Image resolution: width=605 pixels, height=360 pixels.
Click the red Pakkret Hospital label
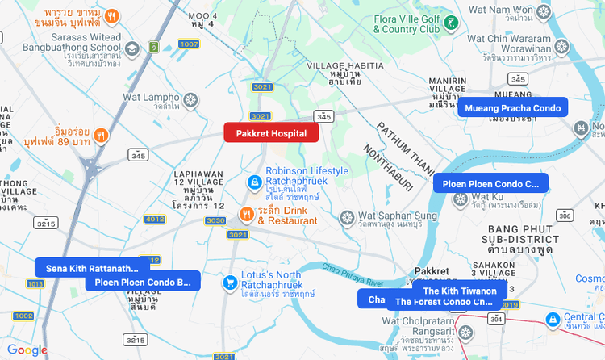(x=271, y=132)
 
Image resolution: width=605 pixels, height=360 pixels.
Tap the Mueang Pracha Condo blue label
(x=512, y=107)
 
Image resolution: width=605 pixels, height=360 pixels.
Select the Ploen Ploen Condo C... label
(x=490, y=183)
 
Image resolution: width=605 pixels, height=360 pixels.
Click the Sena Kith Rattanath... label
(x=92, y=268)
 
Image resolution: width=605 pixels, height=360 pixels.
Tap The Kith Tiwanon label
(x=459, y=291)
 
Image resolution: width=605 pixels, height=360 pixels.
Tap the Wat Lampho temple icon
(x=191, y=99)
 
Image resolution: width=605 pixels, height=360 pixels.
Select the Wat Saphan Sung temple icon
(x=346, y=218)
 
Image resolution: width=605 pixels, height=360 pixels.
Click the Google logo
(x=27, y=350)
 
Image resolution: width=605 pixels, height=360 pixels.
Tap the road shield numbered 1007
(x=189, y=44)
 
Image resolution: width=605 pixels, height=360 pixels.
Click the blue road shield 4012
(x=155, y=220)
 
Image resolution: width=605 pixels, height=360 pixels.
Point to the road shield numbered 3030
(x=215, y=220)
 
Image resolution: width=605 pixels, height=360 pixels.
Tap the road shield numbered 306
(x=565, y=216)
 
